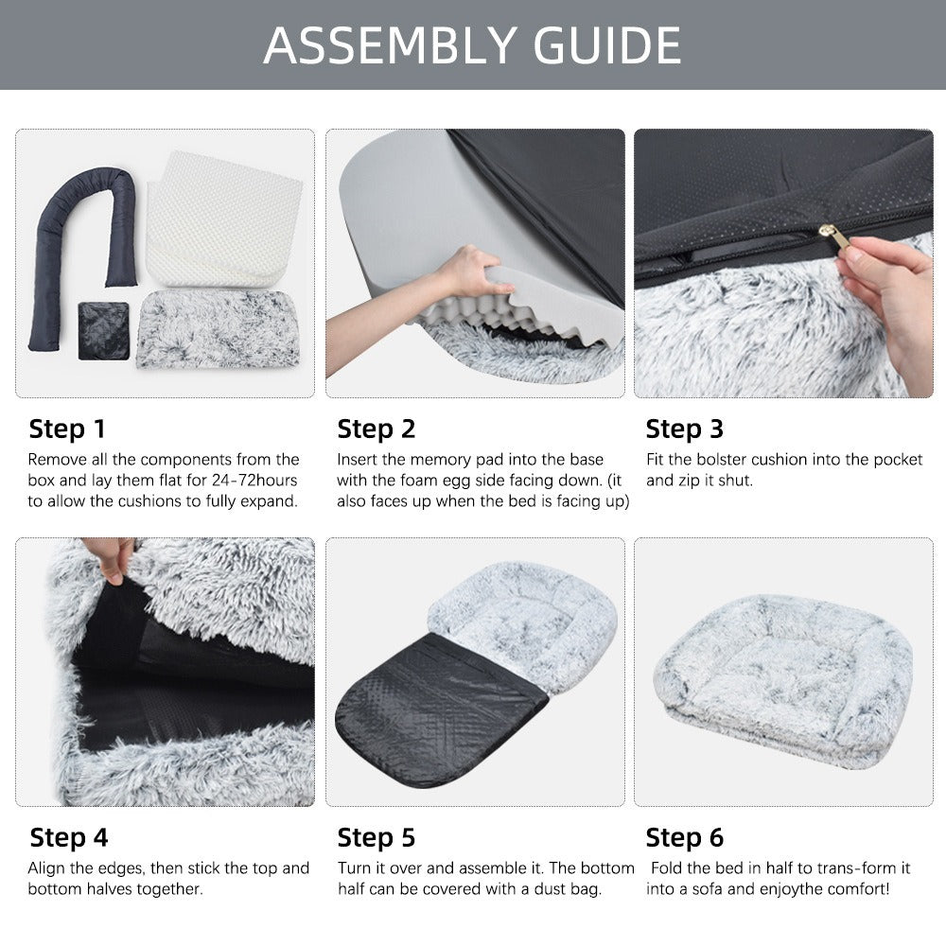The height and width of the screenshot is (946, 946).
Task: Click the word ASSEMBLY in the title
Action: pos(390,45)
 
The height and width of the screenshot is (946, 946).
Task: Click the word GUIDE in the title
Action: pos(607,45)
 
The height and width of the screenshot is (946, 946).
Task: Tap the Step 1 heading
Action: pos(67,429)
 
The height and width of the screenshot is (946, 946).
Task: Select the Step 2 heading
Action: pos(377,429)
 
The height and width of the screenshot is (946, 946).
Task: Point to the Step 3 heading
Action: pos(684,429)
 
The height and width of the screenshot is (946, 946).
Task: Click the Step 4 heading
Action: pos(69,837)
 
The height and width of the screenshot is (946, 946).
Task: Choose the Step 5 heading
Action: pos(377,837)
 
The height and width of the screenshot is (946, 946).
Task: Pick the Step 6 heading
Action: pos(684,837)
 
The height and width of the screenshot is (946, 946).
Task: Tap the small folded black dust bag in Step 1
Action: pos(103,330)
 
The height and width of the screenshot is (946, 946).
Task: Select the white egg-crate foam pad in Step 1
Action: pos(223,219)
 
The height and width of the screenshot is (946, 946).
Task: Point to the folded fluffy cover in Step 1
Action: pos(219,329)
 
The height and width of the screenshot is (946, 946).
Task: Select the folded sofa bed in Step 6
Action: pos(783,682)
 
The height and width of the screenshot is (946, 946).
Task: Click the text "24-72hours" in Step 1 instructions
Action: pos(254,481)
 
